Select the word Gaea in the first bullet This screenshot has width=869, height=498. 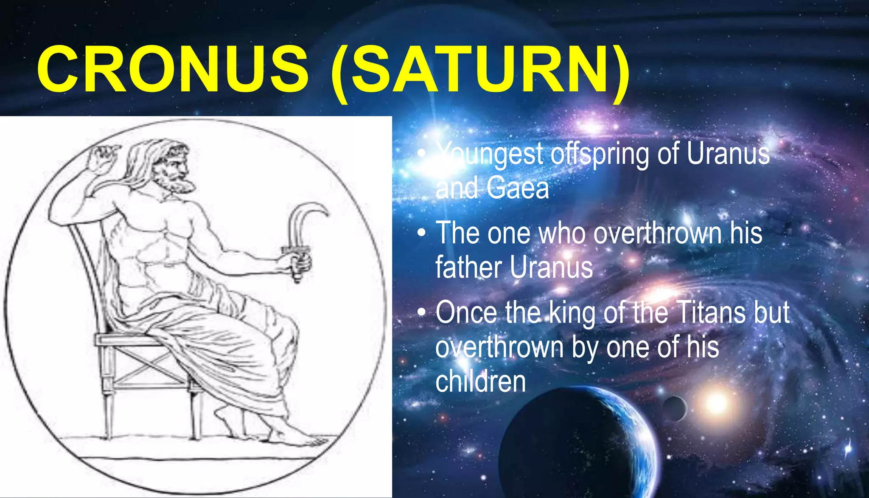click(518, 188)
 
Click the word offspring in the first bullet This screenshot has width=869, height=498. click(600, 154)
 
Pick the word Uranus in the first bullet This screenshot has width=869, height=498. click(728, 154)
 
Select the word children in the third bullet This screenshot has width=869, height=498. click(480, 381)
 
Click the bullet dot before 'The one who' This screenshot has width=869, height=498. click(421, 233)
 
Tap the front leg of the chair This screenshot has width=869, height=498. click(196, 414)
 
